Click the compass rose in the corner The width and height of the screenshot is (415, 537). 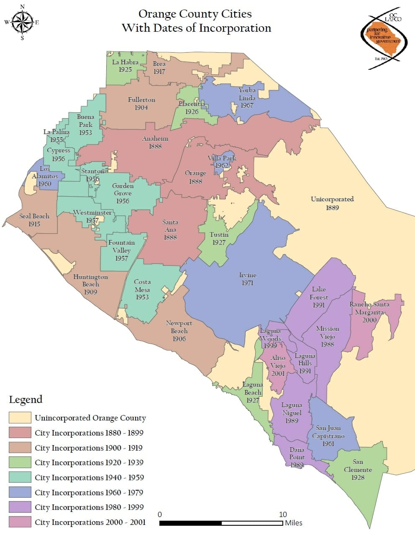click(22, 22)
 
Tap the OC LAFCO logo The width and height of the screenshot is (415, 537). click(383, 39)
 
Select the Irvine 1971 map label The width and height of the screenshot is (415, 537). click(248, 279)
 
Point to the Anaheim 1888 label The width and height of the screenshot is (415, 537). click(155, 142)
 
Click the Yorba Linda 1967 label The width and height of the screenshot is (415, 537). click(247, 98)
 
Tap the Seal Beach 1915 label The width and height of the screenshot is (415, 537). click(34, 220)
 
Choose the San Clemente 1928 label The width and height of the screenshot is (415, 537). click(358, 469)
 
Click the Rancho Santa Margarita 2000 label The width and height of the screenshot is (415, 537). click(369, 312)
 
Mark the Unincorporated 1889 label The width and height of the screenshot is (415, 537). click(332, 203)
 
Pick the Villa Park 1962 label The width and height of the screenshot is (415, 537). click(222, 162)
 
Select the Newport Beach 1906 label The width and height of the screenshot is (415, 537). click(179, 331)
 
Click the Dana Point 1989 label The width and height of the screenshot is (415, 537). click(297, 457)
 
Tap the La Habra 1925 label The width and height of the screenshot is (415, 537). click(125, 66)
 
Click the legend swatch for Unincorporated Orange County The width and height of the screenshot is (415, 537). click(20, 418)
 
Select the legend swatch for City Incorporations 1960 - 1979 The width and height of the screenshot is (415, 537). click(20, 492)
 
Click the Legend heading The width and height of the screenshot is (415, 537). click(26, 400)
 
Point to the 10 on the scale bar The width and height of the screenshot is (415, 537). click(283, 514)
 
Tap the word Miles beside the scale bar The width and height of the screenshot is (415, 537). click(294, 523)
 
